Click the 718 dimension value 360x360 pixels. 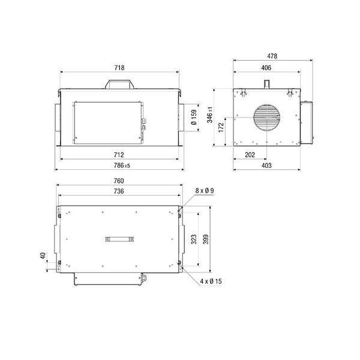click(x=119, y=68)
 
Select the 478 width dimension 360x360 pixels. click(x=272, y=56)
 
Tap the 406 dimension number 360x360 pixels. click(x=266, y=68)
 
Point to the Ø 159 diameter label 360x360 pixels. click(x=194, y=118)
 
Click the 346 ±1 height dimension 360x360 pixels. click(x=210, y=115)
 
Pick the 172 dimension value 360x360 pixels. click(x=221, y=127)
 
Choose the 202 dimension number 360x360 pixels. click(x=250, y=155)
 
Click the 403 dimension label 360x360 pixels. click(x=266, y=166)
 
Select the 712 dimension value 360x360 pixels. click(x=119, y=155)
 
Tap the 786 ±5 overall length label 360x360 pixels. click(x=122, y=166)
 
